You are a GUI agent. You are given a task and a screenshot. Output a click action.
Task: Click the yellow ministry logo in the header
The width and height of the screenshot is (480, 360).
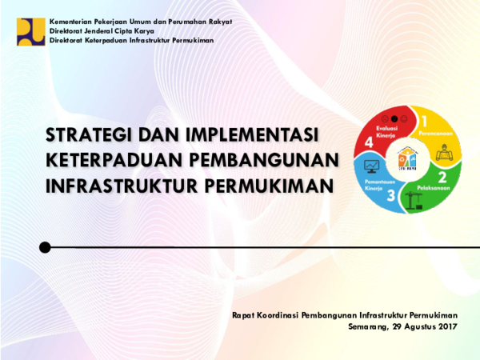(30, 30)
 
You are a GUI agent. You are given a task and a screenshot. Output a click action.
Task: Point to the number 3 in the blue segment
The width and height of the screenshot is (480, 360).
(391, 195)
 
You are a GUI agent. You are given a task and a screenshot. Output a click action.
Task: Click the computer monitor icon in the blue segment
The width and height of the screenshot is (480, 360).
(371, 167)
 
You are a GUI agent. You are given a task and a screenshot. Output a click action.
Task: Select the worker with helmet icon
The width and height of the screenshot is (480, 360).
(442, 151)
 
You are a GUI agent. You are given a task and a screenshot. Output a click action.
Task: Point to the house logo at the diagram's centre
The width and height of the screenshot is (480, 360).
(407, 158)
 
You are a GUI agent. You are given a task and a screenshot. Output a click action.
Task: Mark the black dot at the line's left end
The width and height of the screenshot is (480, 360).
(45, 247)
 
